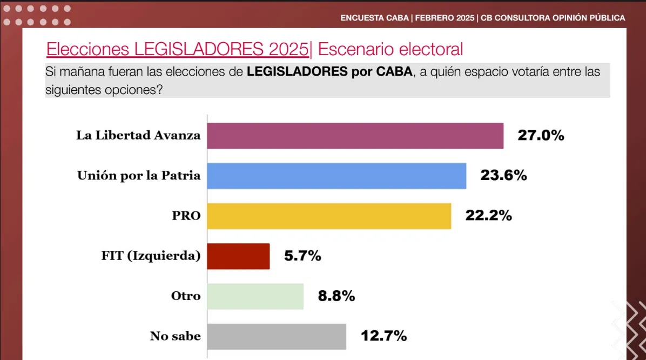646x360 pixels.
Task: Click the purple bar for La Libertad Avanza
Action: tap(355, 136)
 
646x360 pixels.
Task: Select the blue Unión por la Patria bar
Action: tap(337, 176)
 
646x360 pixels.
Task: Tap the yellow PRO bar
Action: tap(329, 216)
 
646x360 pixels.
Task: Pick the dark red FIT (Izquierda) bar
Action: tap(238, 256)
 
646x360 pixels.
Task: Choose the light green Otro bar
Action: tap(255, 296)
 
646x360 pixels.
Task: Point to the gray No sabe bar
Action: tap(277, 336)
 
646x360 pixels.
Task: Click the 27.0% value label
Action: tap(541, 136)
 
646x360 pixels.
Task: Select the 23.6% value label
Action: tap(503, 176)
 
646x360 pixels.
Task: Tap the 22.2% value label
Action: tap(488, 216)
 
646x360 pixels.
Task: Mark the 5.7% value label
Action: tap(302, 256)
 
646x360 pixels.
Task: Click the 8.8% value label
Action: tap(336, 296)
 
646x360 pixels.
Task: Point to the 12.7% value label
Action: tap(383, 336)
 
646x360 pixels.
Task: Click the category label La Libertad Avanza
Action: tap(138, 136)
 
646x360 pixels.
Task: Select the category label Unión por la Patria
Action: tap(139, 176)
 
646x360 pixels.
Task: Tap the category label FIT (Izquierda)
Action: tap(151, 256)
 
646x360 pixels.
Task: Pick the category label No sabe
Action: tap(175, 336)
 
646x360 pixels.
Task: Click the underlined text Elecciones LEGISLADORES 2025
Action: tap(177, 49)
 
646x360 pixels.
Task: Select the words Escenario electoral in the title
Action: tap(391, 49)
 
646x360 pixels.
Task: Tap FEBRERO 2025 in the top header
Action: tap(445, 18)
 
